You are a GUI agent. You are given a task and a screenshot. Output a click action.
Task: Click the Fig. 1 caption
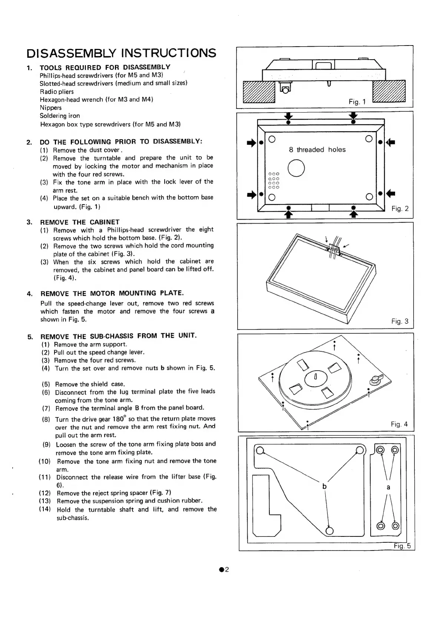click(x=357, y=102)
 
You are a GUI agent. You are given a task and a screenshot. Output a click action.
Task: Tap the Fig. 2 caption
click(x=400, y=209)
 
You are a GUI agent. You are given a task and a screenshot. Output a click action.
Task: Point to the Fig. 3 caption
click(x=400, y=321)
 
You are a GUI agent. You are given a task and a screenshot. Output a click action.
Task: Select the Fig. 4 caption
click(x=399, y=424)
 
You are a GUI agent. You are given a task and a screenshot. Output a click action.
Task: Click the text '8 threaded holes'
click(x=317, y=150)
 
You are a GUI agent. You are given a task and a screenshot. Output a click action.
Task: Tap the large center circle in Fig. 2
click(x=296, y=168)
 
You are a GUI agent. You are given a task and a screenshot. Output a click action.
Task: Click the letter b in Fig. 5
click(x=324, y=486)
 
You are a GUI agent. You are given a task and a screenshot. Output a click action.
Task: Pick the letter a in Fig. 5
click(x=388, y=487)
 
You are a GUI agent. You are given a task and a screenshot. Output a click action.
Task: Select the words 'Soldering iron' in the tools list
click(x=60, y=116)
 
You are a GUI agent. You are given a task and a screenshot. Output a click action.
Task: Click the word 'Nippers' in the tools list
click(x=51, y=108)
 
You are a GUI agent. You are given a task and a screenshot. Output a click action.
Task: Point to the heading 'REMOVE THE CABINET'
click(x=80, y=222)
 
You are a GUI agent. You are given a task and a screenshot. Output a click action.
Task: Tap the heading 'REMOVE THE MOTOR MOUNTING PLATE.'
click(x=112, y=294)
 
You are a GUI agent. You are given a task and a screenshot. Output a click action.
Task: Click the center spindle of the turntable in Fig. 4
click(x=315, y=377)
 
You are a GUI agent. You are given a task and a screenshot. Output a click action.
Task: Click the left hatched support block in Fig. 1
click(x=259, y=91)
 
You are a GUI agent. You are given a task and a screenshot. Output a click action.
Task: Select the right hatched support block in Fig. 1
click(x=388, y=91)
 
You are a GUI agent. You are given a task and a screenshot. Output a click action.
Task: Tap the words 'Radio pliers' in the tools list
click(x=57, y=92)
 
